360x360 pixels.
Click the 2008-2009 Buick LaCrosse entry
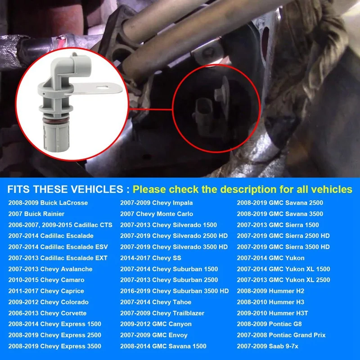tap(48, 203)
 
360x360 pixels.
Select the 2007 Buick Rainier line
tap(36, 214)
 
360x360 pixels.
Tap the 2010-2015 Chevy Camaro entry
tap(47, 280)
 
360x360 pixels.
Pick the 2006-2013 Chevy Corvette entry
tap(47, 313)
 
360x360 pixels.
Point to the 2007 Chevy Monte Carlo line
tap(157, 214)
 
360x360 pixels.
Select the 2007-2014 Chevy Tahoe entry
tap(156, 302)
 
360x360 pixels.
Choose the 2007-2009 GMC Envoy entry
tap(154, 335)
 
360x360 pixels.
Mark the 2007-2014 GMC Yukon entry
tap(271, 258)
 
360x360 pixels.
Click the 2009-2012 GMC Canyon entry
tap(156, 324)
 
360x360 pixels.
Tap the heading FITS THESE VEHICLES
tap(65, 189)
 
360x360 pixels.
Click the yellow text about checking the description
tap(242, 189)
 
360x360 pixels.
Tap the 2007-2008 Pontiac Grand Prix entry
tap(281, 335)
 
